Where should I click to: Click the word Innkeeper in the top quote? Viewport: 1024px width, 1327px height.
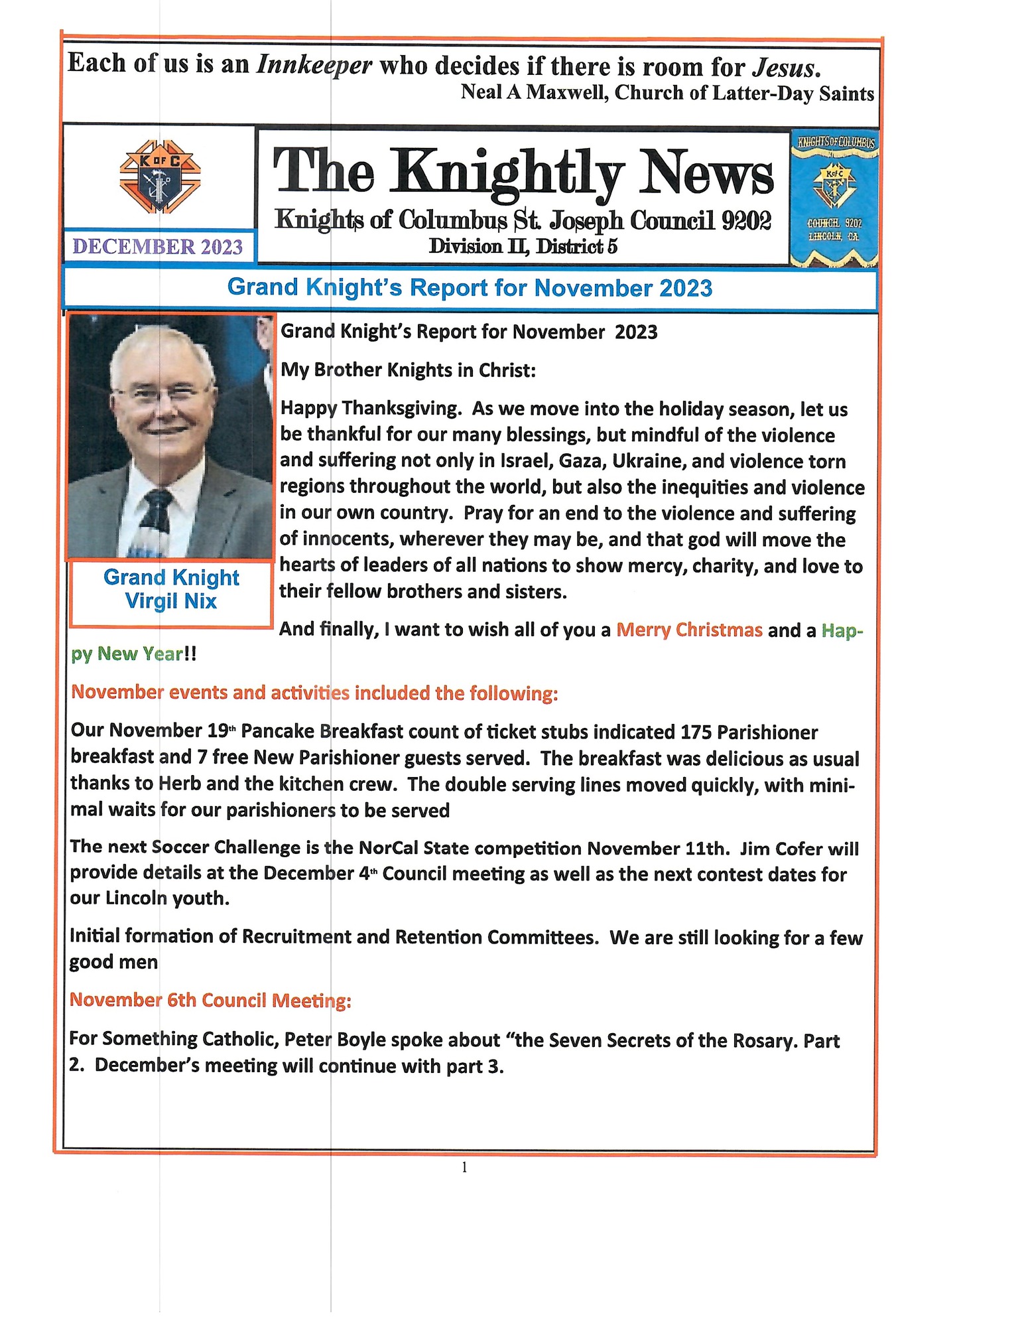tap(314, 65)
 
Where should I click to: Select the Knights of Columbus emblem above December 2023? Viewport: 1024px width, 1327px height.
tap(160, 176)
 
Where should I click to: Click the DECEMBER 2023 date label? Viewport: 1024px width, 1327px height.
tap(158, 247)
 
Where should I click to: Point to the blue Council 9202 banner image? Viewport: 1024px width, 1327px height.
tap(834, 198)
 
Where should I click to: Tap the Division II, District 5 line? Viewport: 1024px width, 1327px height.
tap(523, 246)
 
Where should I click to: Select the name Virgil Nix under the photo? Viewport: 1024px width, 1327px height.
tap(171, 601)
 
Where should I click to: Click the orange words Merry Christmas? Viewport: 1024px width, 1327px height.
tap(689, 630)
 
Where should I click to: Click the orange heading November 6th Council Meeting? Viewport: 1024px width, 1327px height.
tap(210, 1000)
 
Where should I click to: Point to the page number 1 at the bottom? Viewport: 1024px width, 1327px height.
tap(464, 1167)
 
